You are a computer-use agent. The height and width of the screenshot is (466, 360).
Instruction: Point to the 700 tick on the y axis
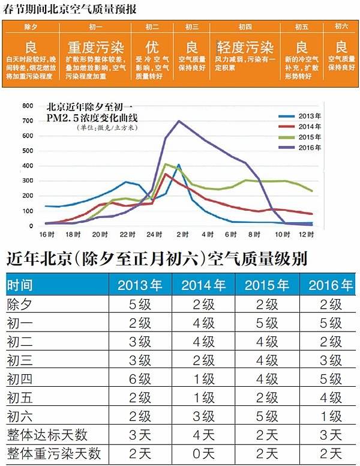(27, 121)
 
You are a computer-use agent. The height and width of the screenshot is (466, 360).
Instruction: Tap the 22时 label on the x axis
(125, 234)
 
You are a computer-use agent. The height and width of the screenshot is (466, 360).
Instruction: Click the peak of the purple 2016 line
(179, 121)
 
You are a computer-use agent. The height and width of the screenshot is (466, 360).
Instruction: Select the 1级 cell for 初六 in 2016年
(330, 416)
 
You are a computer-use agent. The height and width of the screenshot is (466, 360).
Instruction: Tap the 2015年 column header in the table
(268, 285)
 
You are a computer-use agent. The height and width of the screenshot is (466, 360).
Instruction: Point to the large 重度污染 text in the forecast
(94, 47)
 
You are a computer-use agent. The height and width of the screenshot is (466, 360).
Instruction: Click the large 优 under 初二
(152, 47)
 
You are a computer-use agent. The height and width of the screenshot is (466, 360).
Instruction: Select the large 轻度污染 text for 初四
(245, 47)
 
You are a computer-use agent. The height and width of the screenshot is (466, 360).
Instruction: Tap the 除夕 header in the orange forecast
(31, 27)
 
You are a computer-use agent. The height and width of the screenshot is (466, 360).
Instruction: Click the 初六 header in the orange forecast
(341, 27)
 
